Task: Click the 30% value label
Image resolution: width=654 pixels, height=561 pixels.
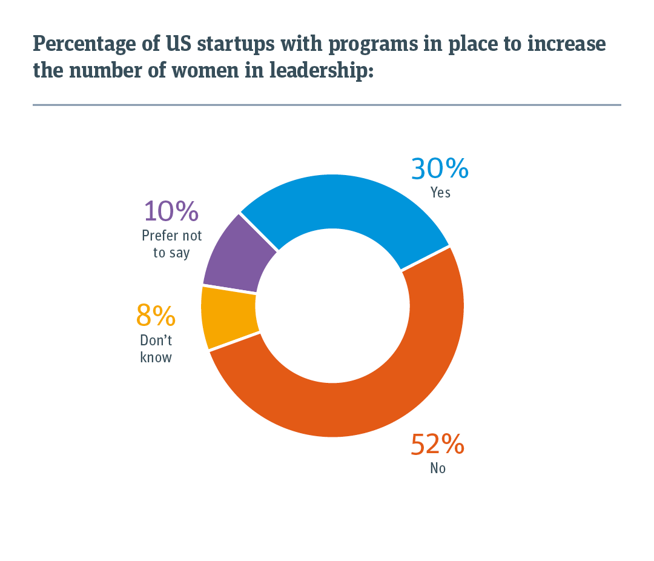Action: click(x=440, y=168)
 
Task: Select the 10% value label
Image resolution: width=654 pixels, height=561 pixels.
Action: click(x=171, y=211)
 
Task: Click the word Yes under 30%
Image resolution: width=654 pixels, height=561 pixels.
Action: click(x=440, y=193)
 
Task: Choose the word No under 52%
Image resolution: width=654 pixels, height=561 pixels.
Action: click(x=437, y=468)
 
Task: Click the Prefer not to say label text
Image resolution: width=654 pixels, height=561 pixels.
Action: click(x=171, y=244)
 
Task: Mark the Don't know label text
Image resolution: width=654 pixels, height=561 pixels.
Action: click(x=156, y=349)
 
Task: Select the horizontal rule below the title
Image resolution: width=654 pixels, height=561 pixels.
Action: click(x=327, y=105)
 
